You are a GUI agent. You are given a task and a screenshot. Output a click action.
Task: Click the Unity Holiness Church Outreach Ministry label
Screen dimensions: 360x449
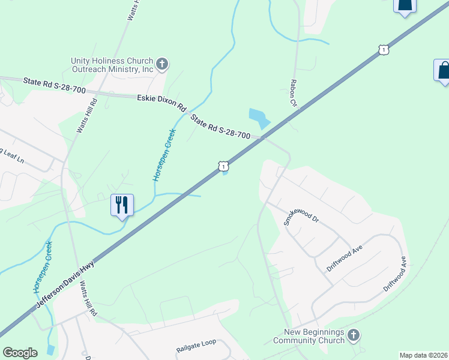[112, 65]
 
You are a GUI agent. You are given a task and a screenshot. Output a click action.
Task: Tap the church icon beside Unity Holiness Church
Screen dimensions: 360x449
[162, 64]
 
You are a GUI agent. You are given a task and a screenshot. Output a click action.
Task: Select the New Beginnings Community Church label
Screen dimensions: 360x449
[309, 336]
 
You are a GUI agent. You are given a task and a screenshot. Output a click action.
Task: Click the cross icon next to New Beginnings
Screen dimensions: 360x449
[354, 335]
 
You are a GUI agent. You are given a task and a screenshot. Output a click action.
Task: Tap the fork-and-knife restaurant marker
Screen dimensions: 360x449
[122, 205]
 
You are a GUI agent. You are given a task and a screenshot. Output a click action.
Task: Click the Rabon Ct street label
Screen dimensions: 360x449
[294, 94]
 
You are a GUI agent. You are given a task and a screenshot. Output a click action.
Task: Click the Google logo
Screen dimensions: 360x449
[20, 353]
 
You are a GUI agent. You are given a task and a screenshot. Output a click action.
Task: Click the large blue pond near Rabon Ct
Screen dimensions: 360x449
[258, 117]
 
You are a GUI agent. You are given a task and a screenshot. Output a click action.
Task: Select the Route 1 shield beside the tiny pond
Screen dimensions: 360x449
[223, 165]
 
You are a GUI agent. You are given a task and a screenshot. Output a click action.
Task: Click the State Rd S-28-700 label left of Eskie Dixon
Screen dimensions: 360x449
[54, 85]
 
